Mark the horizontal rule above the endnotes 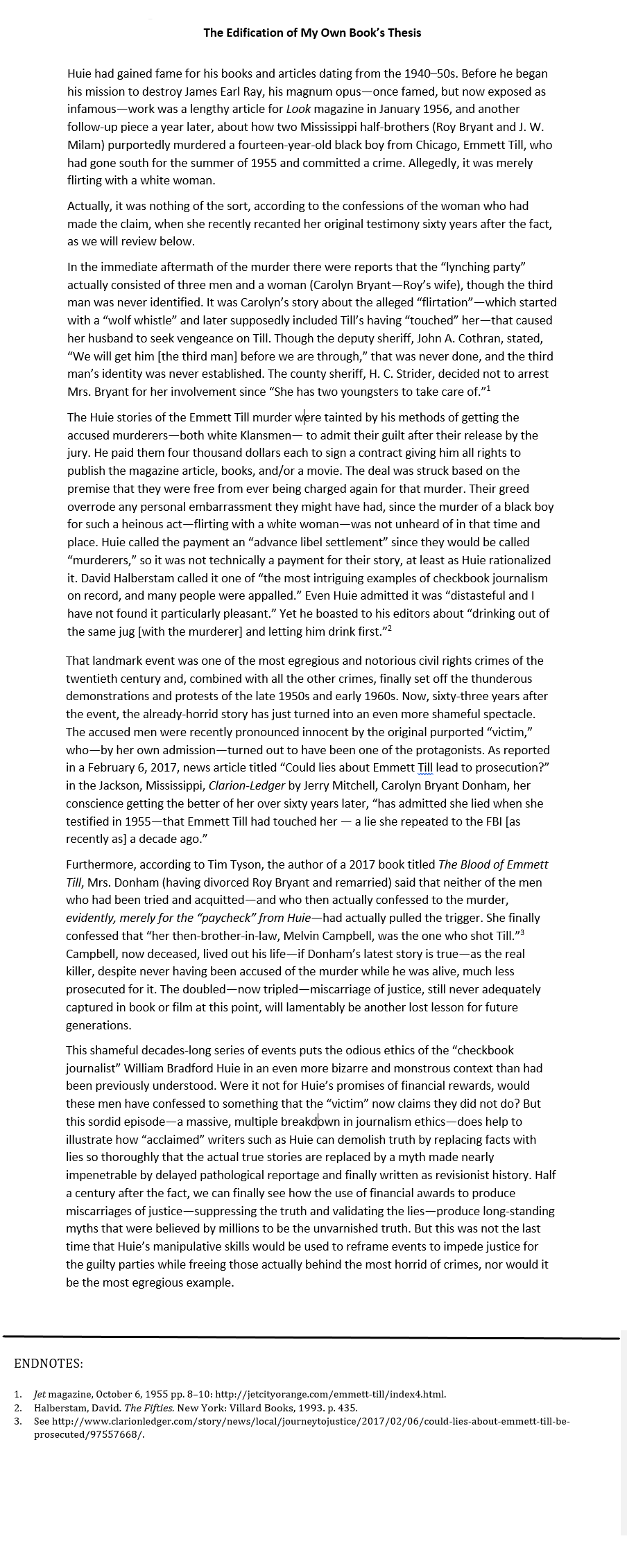312,1337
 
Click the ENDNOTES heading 49,1364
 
